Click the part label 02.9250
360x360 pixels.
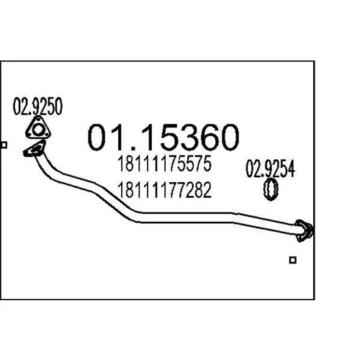[37, 106]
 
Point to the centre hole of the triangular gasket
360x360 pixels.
[37, 130]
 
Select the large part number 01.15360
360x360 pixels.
[163, 137]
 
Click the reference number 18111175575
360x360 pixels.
[164, 163]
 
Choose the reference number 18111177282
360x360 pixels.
[164, 189]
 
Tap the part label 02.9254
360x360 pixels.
[270, 169]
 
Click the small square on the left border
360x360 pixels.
[4, 145]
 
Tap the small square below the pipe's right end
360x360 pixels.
[293, 260]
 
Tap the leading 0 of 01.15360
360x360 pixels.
[97, 137]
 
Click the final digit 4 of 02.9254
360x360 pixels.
[291, 169]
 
